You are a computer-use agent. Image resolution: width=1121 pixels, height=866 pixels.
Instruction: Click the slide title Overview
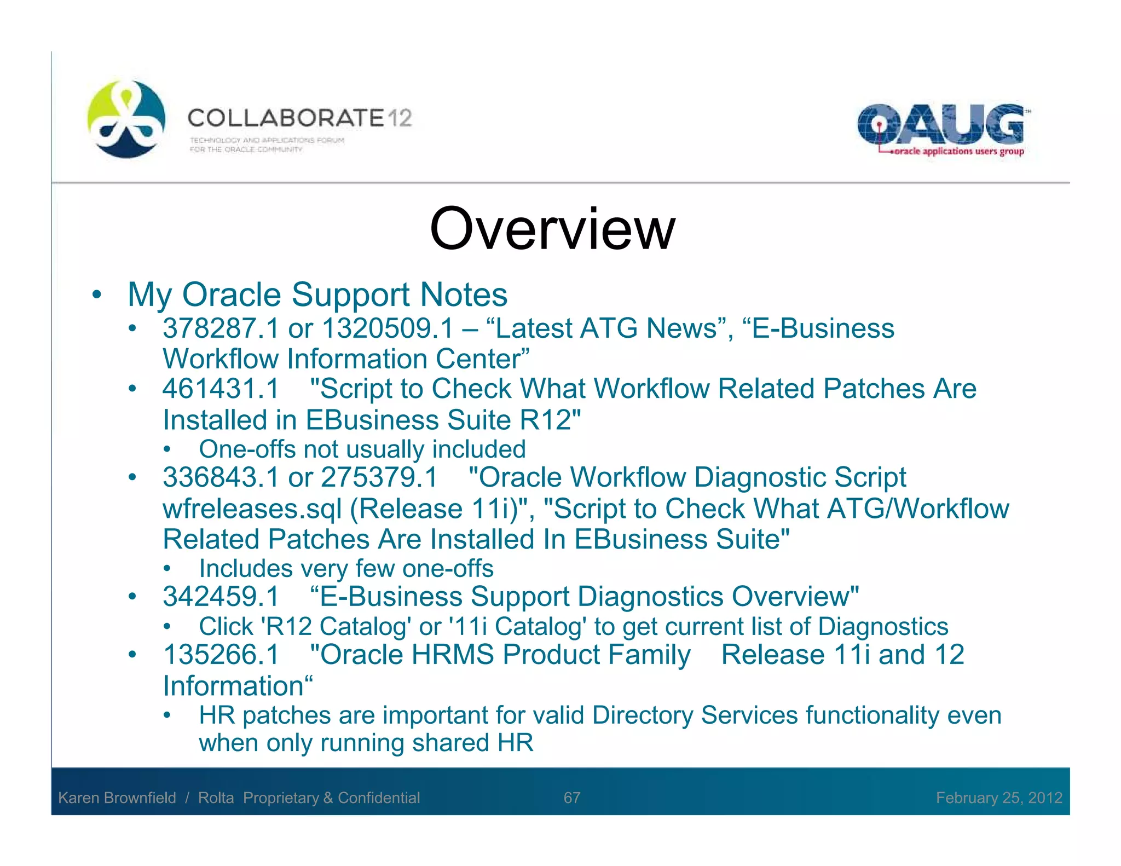coord(552,229)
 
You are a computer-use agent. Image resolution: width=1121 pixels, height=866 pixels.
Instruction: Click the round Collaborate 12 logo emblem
coord(126,119)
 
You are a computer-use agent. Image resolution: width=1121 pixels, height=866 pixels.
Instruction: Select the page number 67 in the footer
coord(571,798)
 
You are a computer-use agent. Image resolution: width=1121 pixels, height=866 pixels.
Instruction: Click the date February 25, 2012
coord(999,798)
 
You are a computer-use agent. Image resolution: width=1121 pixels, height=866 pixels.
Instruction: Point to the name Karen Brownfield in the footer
coord(117,798)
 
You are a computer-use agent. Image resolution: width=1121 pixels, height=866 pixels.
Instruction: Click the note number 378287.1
coord(221,328)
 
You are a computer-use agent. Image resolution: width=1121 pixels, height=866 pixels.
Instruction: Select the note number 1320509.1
coord(388,328)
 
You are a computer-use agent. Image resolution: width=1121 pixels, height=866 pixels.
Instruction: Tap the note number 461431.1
coord(221,389)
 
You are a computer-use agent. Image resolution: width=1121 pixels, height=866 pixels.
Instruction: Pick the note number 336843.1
coord(221,477)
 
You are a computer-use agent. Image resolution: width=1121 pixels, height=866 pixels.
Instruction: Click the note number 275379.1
coord(379,477)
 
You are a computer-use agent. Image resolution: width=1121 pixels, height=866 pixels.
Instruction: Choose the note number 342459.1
coord(221,596)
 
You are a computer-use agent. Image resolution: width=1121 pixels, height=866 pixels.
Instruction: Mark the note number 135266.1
coord(221,655)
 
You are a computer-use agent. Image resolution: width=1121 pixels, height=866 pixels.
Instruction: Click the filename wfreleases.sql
coord(252,509)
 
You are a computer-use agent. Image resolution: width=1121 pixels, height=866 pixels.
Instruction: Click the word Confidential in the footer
coord(379,798)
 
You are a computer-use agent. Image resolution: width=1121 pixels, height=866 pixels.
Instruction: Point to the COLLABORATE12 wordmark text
coord(299,118)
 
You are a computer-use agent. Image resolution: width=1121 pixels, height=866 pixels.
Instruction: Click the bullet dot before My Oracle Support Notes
coord(97,295)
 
